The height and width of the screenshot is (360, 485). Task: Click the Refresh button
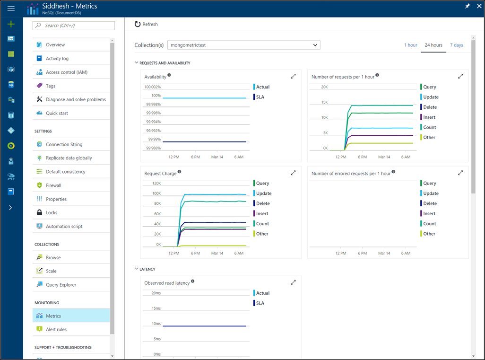click(146, 24)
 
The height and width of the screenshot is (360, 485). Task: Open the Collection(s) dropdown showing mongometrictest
click(243, 45)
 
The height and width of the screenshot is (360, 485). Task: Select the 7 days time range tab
click(456, 45)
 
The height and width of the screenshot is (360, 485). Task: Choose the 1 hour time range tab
click(410, 45)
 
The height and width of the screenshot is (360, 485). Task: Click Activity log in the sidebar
click(57, 59)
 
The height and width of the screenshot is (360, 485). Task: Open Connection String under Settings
click(64, 145)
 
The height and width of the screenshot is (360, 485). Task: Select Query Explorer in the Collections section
click(61, 285)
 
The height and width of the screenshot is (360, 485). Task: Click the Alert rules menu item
click(56, 329)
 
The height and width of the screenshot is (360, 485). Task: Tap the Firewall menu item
click(53, 185)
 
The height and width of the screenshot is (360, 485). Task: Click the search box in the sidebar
click(74, 26)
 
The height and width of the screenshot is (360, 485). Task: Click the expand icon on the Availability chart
click(293, 76)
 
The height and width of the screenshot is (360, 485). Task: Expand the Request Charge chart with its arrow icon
click(293, 173)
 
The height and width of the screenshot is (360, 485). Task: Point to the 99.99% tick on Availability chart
click(154, 140)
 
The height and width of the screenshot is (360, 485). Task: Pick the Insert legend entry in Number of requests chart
click(429, 117)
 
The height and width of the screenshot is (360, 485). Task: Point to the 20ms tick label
click(156, 293)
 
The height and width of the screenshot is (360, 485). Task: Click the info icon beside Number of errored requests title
click(393, 172)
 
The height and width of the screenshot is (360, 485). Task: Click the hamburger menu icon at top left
click(11, 9)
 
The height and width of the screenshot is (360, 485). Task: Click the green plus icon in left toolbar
click(11, 24)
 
